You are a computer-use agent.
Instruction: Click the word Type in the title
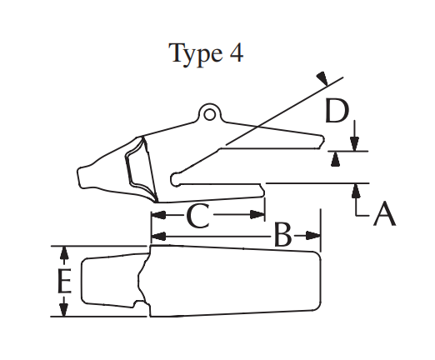click(196, 54)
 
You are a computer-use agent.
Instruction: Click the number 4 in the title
click(237, 52)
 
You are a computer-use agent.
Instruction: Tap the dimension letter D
click(337, 111)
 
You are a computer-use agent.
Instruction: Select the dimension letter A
click(385, 213)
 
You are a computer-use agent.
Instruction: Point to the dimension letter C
click(198, 216)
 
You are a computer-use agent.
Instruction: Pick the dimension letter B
click(282, 235)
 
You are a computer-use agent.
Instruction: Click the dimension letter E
click(64, 281)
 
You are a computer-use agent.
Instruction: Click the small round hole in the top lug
click(210, 114)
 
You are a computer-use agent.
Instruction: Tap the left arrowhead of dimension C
click(158, 215)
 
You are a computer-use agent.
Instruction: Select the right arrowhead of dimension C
click(257, 215)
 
